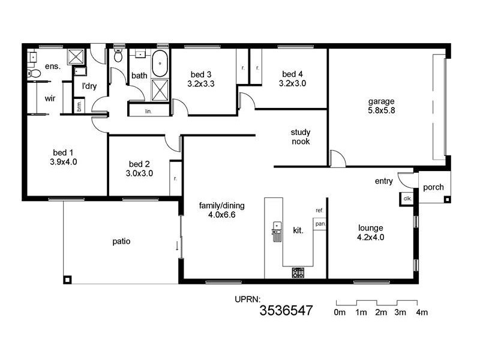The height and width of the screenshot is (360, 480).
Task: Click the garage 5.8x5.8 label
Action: pos(382,106)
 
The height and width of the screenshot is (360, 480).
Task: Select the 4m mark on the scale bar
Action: pos(421,313)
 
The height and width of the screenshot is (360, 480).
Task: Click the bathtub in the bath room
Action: pos(160,64)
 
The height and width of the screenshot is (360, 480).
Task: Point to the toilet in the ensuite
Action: pos(34,74)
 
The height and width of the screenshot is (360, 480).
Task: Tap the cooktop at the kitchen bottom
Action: pos(298,274)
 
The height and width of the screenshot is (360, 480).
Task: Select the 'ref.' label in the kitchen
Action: pos(319,211)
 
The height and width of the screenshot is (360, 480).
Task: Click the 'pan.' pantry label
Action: pos(320,224)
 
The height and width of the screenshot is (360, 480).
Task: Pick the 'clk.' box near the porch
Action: pos(407,198)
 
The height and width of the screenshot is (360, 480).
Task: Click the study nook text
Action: pos(300,137)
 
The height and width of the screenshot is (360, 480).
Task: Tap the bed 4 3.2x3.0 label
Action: pos(292,79)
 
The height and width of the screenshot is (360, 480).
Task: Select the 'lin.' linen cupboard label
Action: pos(148,111)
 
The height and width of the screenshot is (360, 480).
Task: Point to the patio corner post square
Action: pos(68,279)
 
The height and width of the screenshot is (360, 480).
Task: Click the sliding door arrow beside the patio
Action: pos(177,245)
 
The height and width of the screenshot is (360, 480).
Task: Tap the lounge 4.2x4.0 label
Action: pos(371,232)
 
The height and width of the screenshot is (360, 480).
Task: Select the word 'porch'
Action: pos(433,187)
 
